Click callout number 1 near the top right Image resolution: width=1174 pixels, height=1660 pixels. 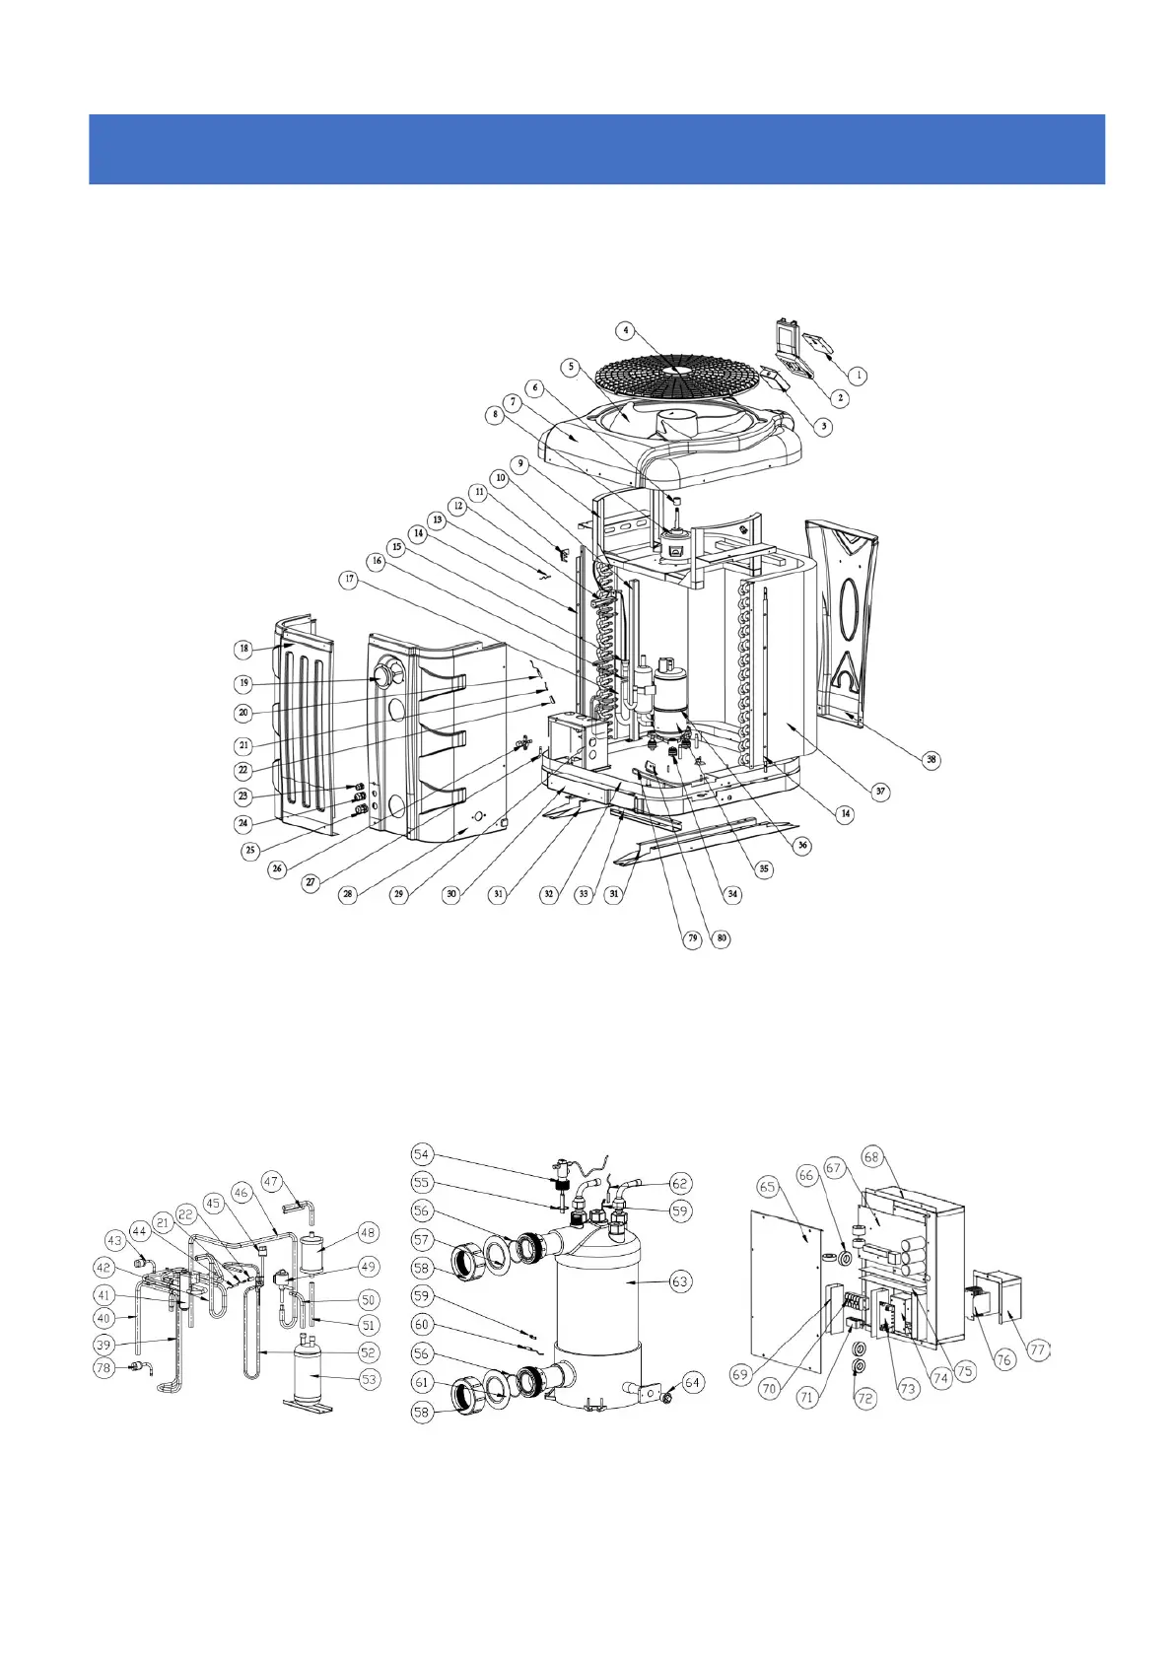[x=858, y=376]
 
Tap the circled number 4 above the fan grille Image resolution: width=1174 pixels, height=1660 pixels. [x=625, y=330]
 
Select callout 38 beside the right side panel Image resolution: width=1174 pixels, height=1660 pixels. [x=931, y=760]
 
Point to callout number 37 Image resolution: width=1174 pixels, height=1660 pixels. [x=880, y=791]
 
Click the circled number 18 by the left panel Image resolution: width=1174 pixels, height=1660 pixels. [x=243, y=649]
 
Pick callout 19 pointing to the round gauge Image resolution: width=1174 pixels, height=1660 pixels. [x=243, y=683]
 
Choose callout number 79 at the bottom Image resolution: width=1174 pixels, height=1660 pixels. [x=693, y=938]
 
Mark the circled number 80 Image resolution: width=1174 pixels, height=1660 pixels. [x=723, y=938]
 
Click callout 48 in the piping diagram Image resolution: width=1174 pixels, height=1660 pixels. [x=368, y=1232]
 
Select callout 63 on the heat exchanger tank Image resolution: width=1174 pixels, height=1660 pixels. [x=679, y=1281]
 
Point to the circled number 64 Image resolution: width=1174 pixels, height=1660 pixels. [x=693, y=1382]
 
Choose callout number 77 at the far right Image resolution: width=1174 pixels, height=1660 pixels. [x=1037, y=1349]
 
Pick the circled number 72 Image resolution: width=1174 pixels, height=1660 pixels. [x=864, y=1398]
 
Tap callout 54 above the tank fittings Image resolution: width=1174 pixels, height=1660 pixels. [x=422, y=1154]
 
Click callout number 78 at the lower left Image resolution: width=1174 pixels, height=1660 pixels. [x=104, y=1368]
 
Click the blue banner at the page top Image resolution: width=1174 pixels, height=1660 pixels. [x=596, y=149]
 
